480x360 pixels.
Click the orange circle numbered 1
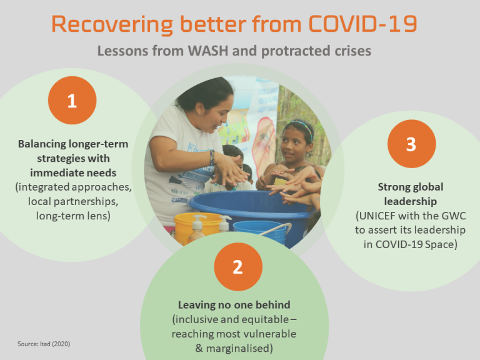pyautogui.click(x=72, y=101)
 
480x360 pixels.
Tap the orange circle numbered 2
pyautogui.click(x=237, y=267)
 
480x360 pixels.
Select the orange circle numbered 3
pyautogui.click(x=411, y=144)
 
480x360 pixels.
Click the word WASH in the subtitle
pyautogui.click(x=203, y=51)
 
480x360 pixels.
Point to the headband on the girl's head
pyautogui.click(x=301, y=125)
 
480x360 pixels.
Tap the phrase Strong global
pyautogui.click(x=411, y=187)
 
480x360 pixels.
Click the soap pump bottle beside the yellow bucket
pyautogui.click(x=197, y=229)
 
